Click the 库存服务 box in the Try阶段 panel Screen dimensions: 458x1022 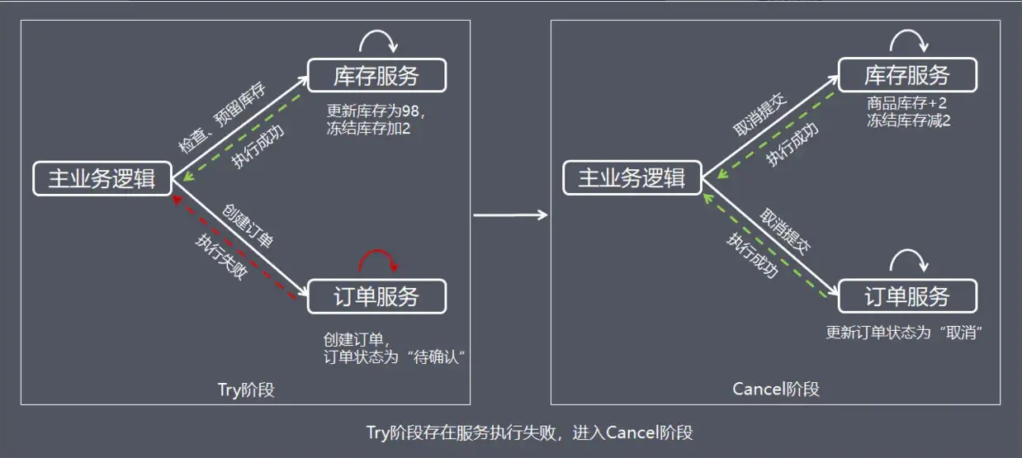[376, 76]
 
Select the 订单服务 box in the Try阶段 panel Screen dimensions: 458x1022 [376, 297]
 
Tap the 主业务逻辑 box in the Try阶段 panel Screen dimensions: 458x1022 [102, 178]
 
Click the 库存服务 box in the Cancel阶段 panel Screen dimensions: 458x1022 [906, 76]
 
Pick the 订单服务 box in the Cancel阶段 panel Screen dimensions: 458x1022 [906, 297]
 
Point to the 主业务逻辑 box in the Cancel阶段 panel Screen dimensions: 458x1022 [632, 178]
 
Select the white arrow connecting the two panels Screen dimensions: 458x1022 [510, 215]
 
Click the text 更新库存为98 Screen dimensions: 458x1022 [373, 111]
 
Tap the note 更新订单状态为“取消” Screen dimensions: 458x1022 [908, 333]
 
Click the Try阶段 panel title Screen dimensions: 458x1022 [245, 390]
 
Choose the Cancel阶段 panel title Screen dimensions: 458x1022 [775, 389]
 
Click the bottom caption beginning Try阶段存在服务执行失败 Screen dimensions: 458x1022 [529, 432]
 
